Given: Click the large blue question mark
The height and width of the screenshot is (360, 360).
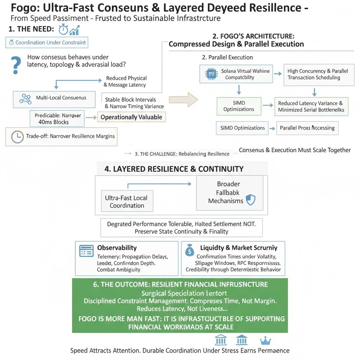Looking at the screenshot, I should pos(17,64).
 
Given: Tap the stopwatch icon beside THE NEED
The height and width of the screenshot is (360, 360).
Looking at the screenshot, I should pos(64,29).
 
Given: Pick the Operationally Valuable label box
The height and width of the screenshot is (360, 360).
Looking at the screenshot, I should pos(131,117).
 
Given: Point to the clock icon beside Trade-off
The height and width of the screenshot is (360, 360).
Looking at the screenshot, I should pos(17,136).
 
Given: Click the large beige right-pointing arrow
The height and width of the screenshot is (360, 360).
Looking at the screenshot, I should pos(183,99).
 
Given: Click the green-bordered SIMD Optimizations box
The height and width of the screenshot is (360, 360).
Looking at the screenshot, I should pos(239,106).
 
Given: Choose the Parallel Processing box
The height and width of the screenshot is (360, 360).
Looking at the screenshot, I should pos(308,128).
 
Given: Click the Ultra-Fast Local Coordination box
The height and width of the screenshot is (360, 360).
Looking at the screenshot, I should pos(127,201).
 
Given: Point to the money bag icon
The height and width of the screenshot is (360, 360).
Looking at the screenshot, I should pos(190,251).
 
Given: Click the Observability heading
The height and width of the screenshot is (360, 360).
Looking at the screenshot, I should pos(117,247).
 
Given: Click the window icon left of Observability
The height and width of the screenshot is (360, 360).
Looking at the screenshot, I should pos(86,251).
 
